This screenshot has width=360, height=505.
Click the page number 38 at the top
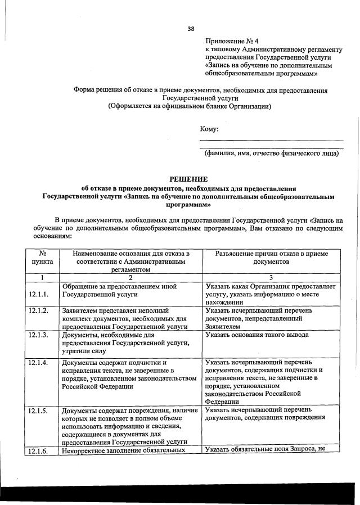(191, 29)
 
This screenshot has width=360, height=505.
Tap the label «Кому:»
(209, 129)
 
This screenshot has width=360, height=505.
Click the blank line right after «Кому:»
(272, 139)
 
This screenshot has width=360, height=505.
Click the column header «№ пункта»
(42, 258)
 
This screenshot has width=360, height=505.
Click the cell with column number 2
(130, 277)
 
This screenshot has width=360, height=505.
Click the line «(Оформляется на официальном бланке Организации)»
(190, 106)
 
